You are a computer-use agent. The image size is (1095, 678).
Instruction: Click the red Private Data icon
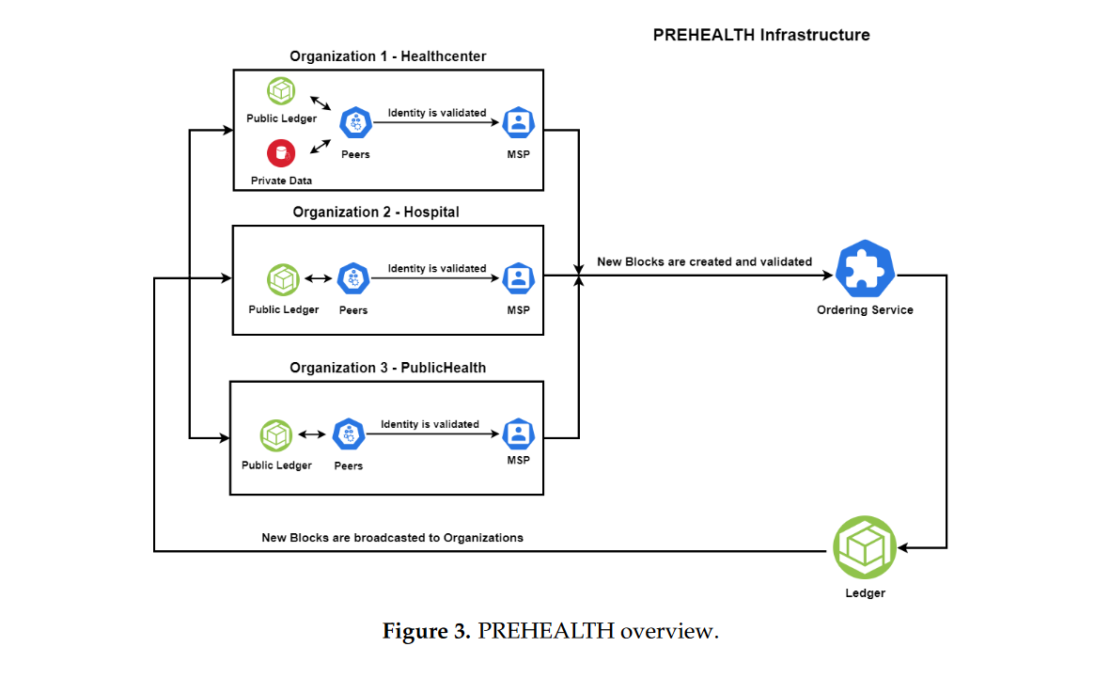281,153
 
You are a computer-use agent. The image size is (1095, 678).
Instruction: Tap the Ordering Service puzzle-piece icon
865,271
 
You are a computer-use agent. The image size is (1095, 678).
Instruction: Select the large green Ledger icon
865,547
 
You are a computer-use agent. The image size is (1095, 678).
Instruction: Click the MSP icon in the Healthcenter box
518,122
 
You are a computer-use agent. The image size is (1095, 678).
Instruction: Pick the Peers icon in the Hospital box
353,278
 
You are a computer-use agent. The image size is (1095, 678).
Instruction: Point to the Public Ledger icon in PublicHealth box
276,435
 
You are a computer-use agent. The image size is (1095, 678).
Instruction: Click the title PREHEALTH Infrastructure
761,35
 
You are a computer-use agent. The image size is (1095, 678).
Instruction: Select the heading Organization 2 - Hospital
376,212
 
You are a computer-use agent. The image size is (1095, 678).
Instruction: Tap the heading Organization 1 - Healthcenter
387,56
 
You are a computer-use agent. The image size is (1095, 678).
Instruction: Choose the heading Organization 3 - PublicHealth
387,368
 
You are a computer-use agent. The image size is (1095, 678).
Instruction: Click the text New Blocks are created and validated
704,261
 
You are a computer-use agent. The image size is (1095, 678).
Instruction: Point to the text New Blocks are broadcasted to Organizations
392,538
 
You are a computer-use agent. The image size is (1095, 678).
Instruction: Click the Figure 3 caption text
550,631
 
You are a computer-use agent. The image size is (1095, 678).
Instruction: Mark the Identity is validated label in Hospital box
437,269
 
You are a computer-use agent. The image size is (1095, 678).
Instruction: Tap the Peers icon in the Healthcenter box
356,122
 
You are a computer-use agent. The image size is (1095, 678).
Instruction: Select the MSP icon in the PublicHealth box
518,434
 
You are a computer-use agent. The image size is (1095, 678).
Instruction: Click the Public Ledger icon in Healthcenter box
281,92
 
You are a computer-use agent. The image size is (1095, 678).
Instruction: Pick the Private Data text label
281,181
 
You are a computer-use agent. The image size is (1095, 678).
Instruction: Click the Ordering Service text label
865,310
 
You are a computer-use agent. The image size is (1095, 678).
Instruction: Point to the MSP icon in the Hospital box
518,278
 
